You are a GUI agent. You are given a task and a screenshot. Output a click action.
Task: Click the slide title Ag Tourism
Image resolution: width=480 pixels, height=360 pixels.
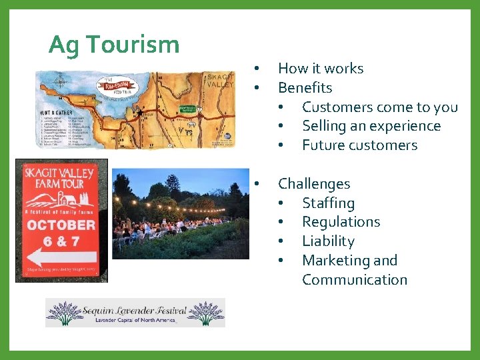(x=114, y=45)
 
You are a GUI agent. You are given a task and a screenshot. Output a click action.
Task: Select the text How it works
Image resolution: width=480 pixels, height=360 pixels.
(x=320, y=68)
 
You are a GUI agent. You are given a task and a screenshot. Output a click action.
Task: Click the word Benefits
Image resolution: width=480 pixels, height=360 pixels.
(x=305, y=87)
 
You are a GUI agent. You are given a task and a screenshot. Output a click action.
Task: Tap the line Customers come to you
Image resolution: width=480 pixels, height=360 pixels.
(x=379, y=107)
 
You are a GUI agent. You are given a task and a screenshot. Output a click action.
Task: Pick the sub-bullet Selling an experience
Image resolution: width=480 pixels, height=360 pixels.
(x=371, y=126)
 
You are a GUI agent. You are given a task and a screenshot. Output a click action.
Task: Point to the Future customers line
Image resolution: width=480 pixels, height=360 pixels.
(x=359, y=145)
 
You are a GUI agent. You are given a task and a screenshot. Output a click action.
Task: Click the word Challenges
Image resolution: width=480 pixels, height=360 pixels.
(x=313, y=183)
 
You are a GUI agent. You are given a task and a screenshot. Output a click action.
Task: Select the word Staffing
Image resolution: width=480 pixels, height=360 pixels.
(x=328, y=203)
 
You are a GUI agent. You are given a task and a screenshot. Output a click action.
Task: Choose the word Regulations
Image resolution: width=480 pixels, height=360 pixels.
(x=341, y=222)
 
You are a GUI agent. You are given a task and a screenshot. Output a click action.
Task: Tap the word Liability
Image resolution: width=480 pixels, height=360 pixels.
(x=328, y=241)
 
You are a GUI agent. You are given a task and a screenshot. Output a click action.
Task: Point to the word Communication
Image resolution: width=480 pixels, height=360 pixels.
(x=354, y=280)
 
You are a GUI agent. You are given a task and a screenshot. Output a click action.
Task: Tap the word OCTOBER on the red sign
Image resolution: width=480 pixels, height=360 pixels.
(x=61, y=225)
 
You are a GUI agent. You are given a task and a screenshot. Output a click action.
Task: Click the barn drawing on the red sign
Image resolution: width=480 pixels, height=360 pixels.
(x=66, y=198)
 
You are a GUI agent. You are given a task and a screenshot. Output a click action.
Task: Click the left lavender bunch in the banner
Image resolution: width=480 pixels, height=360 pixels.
(x=64, y=312)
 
